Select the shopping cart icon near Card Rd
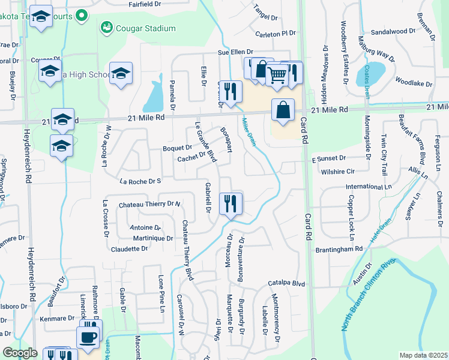(x=277, y=75)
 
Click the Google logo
(x=20, y=353)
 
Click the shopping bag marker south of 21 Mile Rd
(x=283, y=110)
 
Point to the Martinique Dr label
(x=152, y=238)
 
